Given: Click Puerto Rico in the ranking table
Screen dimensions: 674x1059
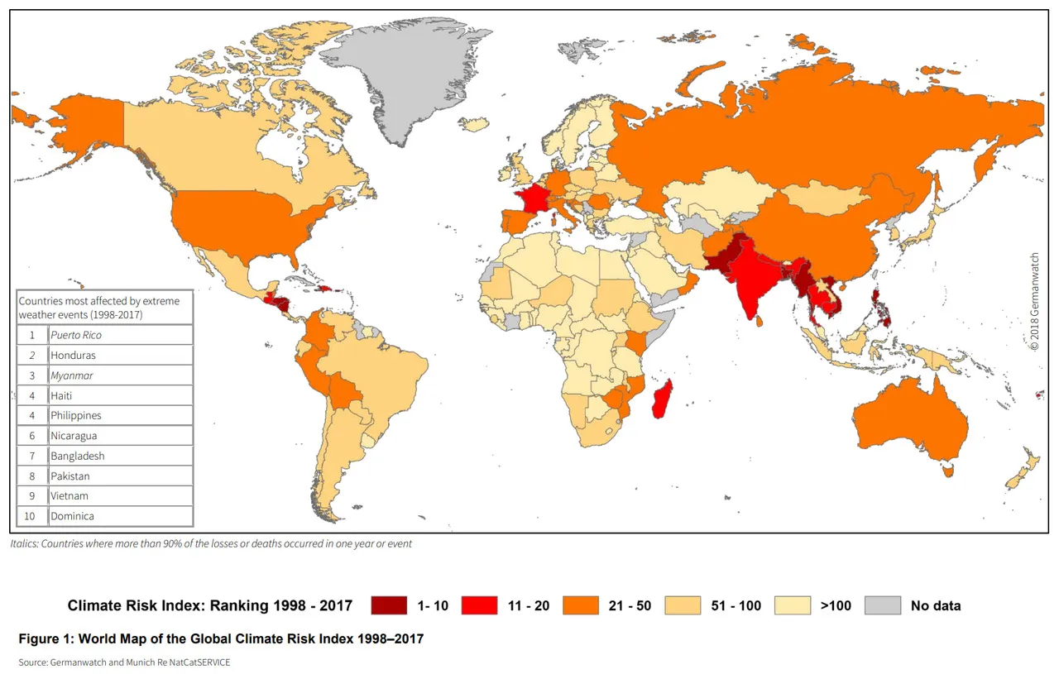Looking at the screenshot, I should click(76, 335).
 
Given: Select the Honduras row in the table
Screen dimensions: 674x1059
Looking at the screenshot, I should click(73, 356).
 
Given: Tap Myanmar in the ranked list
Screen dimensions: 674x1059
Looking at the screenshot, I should click(71, 375).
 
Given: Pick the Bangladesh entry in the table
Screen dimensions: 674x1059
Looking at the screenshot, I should click(77, 456).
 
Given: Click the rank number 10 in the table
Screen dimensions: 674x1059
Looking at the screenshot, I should click(32, 516).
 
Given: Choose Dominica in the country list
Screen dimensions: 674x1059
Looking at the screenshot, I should click(72, 516).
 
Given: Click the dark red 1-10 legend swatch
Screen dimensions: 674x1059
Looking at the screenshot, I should click(389, 605).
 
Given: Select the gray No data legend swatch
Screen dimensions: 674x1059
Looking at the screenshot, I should click(882, 605).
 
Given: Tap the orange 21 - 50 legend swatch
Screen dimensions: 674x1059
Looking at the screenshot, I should click(580, 605).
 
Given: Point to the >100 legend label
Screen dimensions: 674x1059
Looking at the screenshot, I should click(836, 605).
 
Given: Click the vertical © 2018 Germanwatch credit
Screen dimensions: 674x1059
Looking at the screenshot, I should click(1034, 302).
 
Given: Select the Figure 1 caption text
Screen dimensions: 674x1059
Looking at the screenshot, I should click(221, 638).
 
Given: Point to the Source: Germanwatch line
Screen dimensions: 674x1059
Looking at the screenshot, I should click(125, 662).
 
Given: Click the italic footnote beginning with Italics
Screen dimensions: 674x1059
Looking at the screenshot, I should click(211, 543).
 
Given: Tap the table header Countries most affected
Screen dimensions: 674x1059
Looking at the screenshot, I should click(104, 308).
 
